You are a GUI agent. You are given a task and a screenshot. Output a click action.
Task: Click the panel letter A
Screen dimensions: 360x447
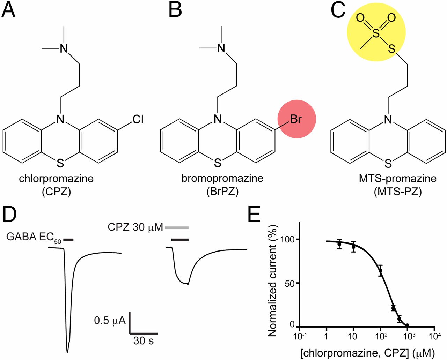9,10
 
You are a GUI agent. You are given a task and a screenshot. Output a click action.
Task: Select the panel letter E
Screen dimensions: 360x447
254,214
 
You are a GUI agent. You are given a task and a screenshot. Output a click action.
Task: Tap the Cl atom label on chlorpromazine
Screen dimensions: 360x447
138,119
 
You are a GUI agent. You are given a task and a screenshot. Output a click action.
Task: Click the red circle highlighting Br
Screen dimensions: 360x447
296,119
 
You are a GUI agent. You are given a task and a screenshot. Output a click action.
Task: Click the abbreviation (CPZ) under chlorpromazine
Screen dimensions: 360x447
56,192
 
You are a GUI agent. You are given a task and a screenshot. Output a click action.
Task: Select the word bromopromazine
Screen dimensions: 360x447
222,178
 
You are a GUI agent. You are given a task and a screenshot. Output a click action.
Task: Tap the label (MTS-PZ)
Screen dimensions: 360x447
397,192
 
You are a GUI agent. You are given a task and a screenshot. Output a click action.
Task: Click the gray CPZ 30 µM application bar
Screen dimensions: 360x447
177,228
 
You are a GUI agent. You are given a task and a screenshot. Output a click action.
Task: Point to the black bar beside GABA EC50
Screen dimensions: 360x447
69,240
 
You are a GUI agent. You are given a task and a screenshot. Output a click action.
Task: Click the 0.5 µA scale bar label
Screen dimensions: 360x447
110,320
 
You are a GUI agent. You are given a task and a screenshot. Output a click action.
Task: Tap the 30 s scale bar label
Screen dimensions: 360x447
143,340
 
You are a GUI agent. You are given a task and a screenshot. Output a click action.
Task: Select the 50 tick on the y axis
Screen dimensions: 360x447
290,283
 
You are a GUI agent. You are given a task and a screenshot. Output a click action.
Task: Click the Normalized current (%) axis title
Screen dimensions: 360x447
272,281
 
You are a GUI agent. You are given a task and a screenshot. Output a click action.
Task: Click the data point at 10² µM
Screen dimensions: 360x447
380,271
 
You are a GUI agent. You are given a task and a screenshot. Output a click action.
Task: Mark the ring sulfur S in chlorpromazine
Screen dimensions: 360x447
60,163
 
